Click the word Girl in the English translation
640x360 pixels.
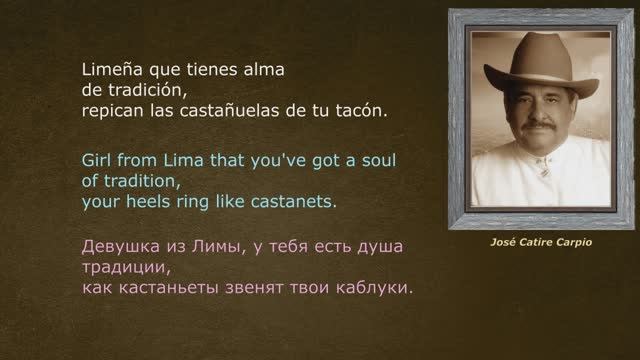point(98,161)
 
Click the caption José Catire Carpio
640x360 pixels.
point(528,242)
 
